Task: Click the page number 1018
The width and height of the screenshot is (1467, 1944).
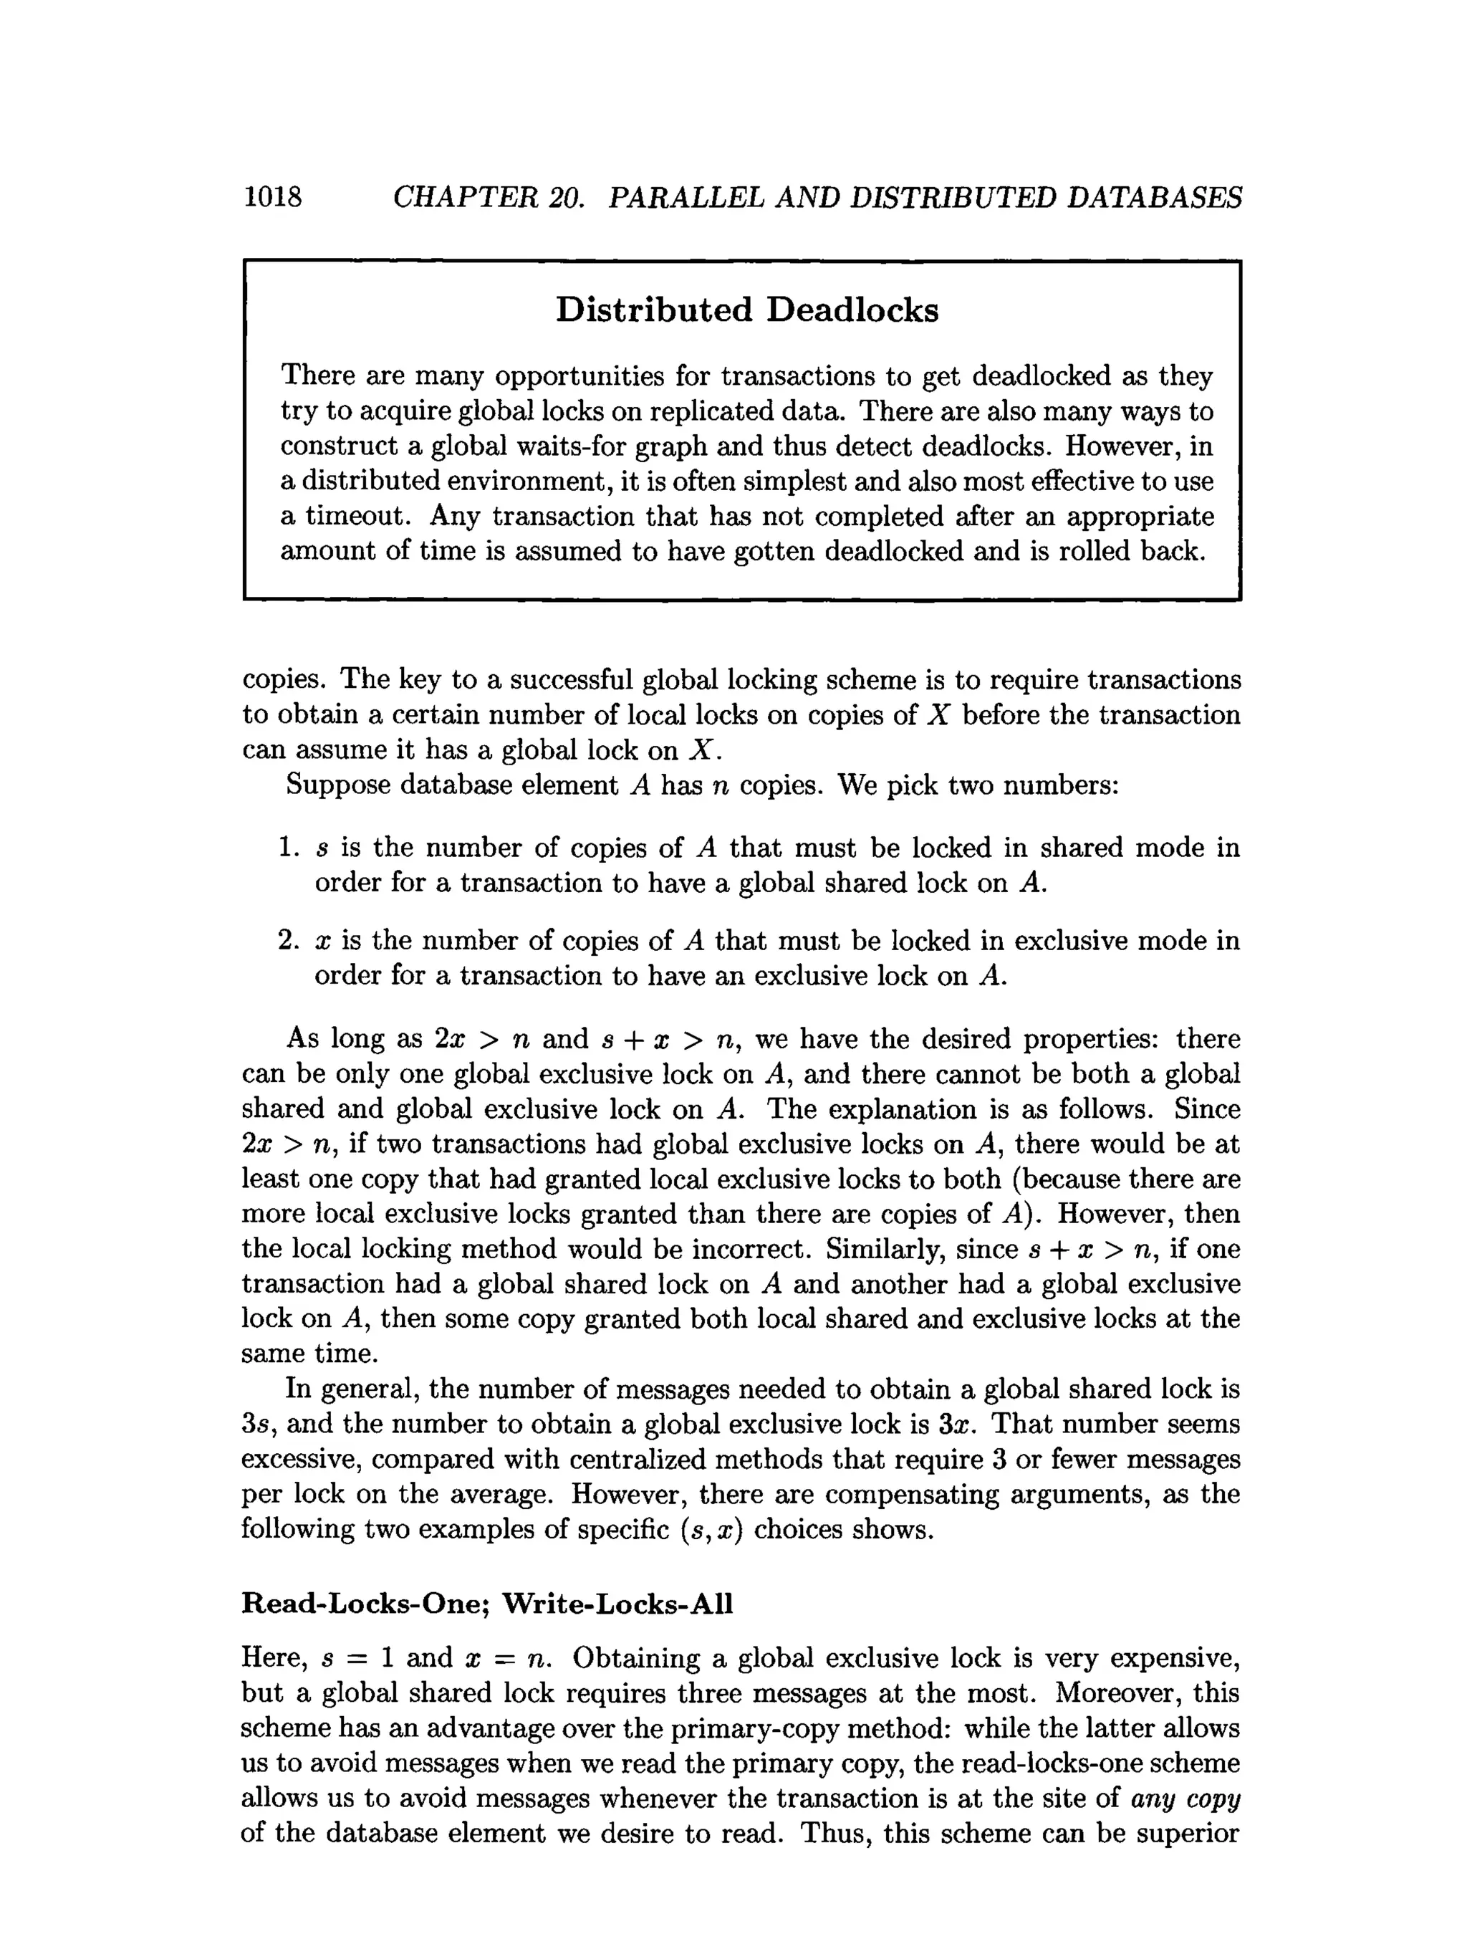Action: (272, 197)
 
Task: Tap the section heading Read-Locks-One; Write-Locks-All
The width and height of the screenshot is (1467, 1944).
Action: (486, 1604)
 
